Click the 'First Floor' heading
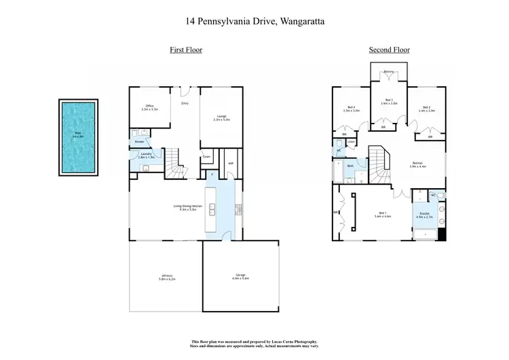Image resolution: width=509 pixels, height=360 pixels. click(x=185, y=50)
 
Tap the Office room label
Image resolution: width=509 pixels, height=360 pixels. click(x=149, y=107)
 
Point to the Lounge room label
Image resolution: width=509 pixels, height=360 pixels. click(x=221, y=118)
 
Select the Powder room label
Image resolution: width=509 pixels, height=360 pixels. click(x=138, y=142)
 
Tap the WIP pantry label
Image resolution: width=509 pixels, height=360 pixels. click(x=231, y=163)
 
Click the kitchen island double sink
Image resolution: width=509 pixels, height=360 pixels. click(x=212, y=209)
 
